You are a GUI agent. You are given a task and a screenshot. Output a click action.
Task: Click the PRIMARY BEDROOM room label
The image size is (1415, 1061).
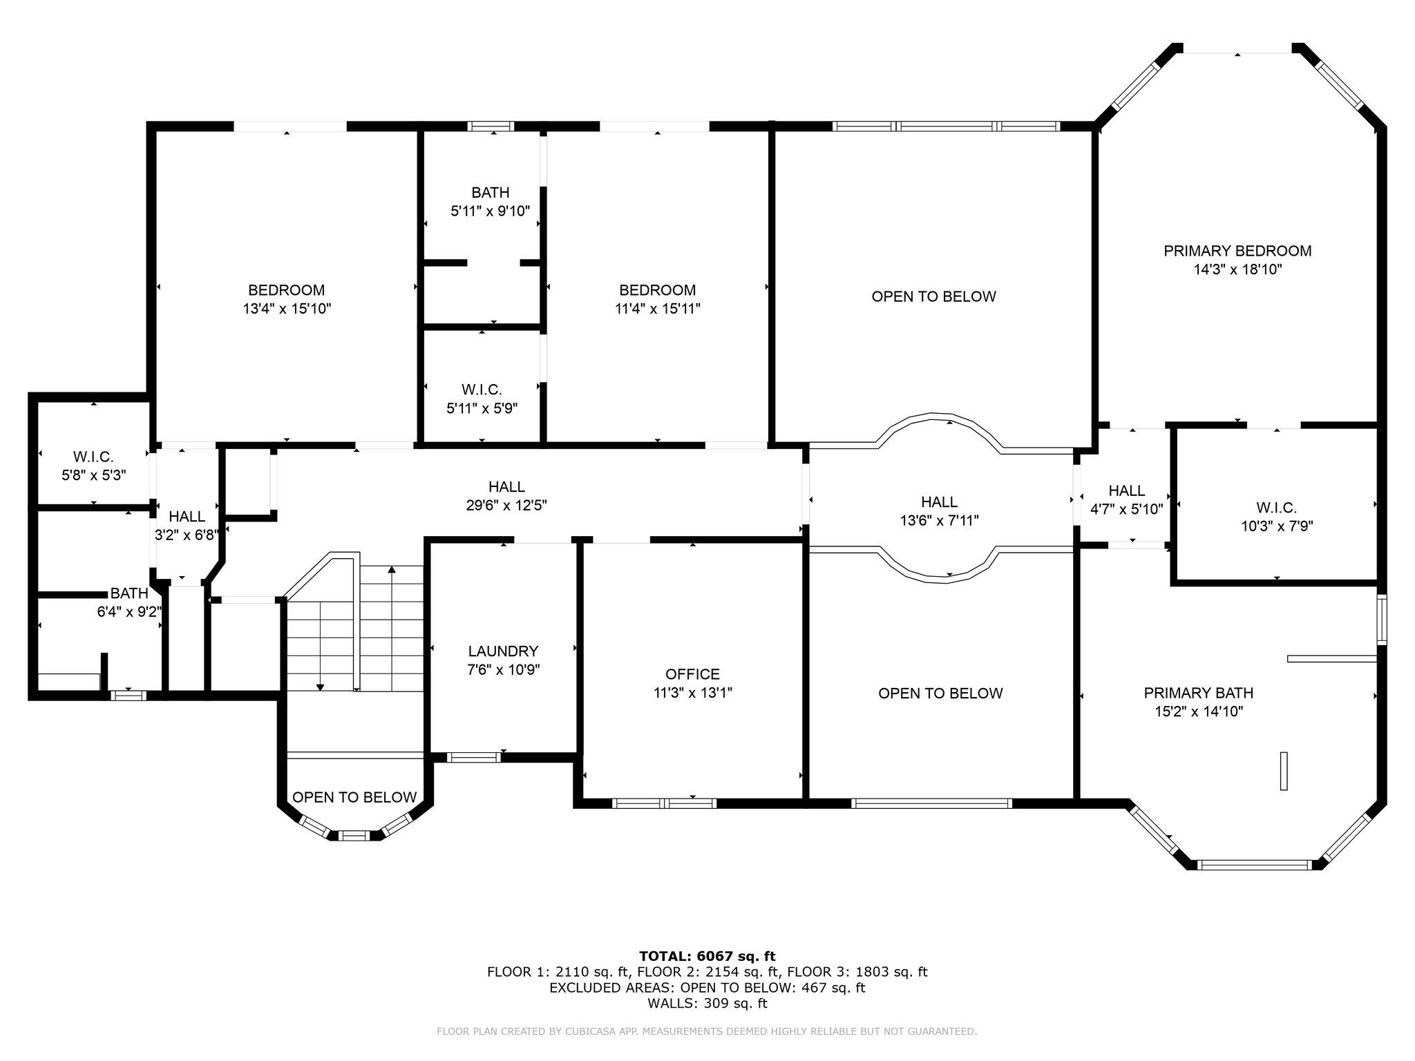[x=1237, y=251]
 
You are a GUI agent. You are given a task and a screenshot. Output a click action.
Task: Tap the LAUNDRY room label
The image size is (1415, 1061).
[x=503, y=651]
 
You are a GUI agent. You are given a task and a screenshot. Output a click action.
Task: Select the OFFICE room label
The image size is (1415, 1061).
[x=692, y=674]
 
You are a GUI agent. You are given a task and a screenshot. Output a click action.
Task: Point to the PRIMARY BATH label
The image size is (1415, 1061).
[x=1199, y=693]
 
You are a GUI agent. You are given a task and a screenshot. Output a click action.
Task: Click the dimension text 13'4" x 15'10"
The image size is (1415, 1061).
[x=287, y=309]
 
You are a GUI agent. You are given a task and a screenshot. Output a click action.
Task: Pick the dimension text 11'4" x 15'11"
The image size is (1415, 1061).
[x=658, y=309]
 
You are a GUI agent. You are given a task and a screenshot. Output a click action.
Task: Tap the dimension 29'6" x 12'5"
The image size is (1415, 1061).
[x=506, y=506]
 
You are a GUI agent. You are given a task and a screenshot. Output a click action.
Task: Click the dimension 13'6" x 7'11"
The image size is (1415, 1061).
[x=940, y=520]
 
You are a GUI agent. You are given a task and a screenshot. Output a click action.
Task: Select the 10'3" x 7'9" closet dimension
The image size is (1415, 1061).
[x=1277, y=526]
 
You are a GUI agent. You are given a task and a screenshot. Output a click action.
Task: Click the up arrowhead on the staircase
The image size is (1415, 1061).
[x=392, y=569]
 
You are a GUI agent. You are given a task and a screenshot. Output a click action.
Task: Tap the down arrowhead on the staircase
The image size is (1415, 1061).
[x=320, y=687]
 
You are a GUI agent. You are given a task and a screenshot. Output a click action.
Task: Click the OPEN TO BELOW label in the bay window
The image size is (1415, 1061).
[x=354, y=797]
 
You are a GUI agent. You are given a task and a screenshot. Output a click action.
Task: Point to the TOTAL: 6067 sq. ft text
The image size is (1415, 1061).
[x=707, y=956]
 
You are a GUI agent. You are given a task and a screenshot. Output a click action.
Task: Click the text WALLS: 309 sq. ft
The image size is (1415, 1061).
[x=707, y=1003]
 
